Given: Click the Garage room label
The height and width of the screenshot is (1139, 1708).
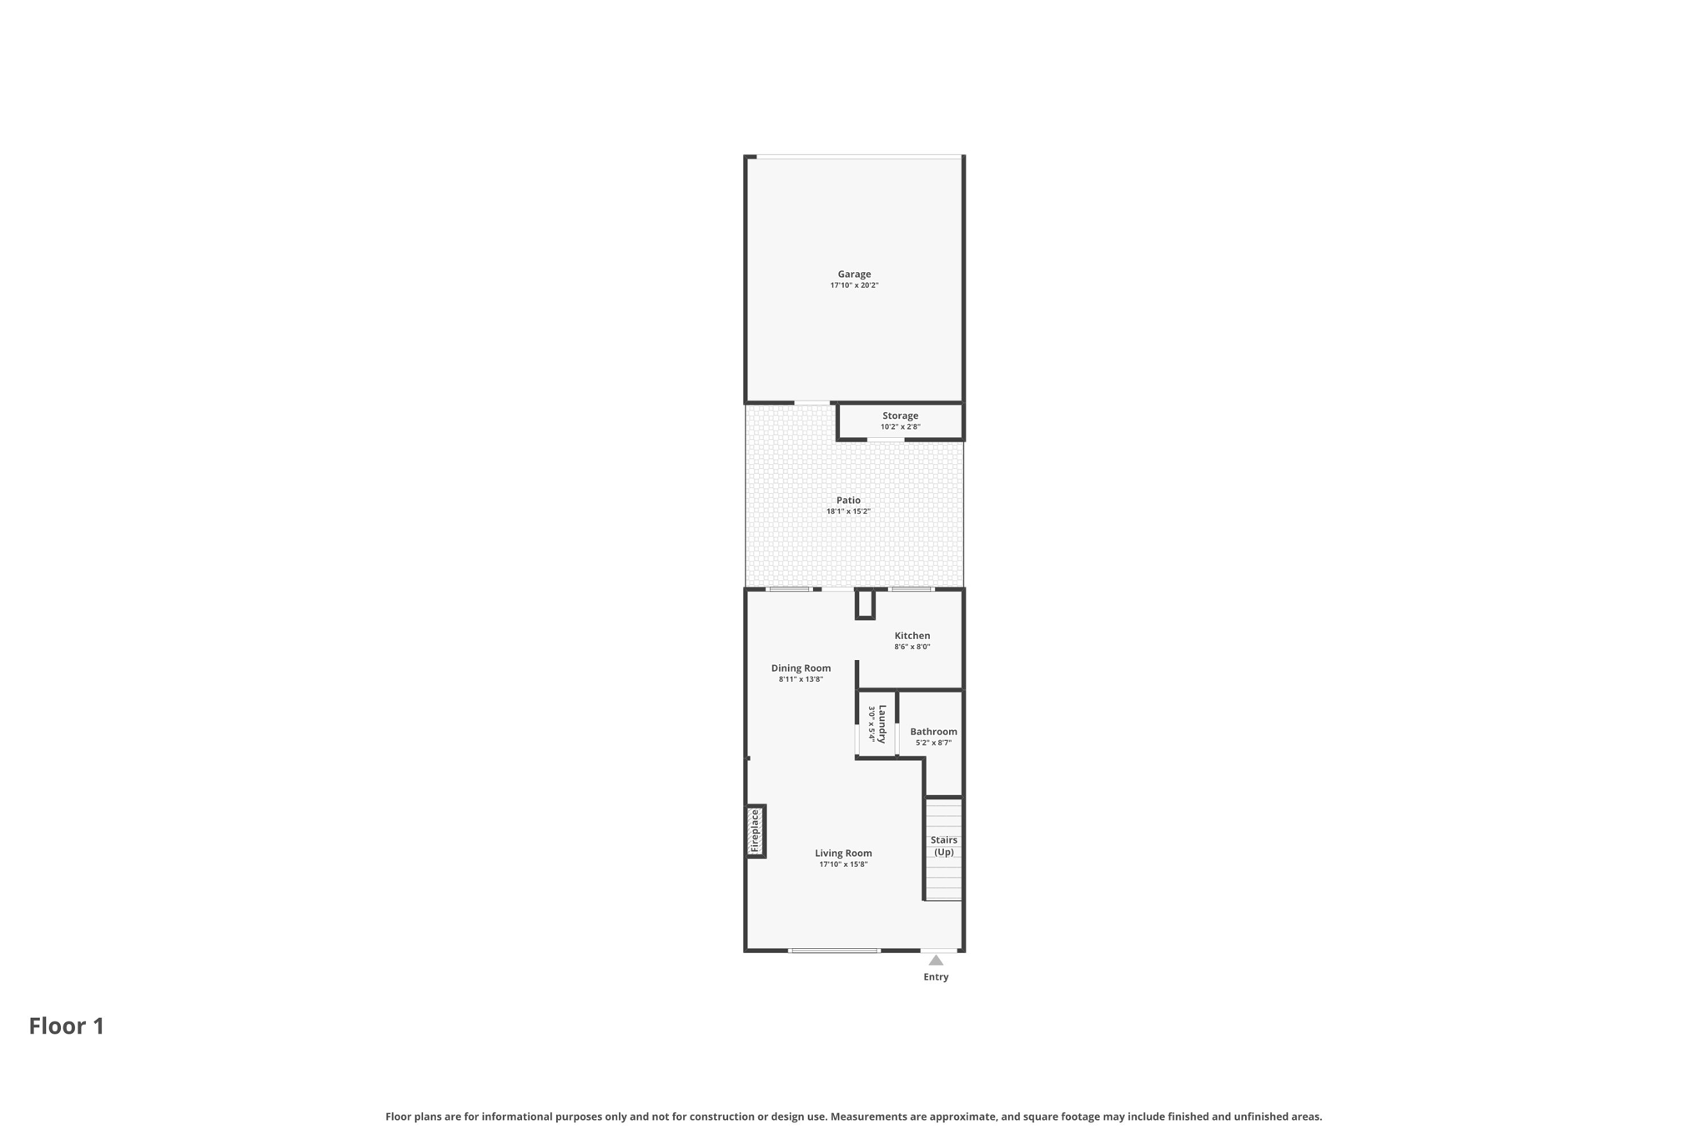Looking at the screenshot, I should click(x=854, y=274).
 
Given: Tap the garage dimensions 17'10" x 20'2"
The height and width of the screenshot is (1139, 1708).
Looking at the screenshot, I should click(x=854, y=285).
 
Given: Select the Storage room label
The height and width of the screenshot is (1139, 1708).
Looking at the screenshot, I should click(x=900, y=416).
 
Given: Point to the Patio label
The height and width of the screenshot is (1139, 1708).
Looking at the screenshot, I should click(x=848, y=500).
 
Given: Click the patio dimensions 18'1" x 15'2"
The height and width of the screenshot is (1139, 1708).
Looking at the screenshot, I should click(x=848, y=512).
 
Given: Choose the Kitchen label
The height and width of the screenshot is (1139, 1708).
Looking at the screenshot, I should click(x=912, y=636).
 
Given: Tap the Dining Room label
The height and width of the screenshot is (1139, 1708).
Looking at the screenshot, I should click(x=801, y=668).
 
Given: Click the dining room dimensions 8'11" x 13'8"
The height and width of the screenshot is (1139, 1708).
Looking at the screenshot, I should click(x=801, y=679).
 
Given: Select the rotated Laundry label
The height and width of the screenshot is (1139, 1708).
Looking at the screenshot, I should click(x=882, y=723).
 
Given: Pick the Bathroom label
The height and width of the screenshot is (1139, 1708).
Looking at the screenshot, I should click(x=933, y=732).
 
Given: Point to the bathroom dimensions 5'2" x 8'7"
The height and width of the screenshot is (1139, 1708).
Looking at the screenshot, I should click(x=933, y=743).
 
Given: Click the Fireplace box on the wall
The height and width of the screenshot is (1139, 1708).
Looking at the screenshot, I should click(x=756, y=831).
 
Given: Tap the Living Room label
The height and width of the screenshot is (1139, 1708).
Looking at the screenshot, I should click(x=843, y=853).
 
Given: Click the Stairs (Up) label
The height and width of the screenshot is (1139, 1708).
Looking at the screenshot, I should click(x=944, y=846).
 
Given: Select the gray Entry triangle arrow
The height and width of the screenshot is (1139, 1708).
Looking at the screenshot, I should click(x=936, y=960).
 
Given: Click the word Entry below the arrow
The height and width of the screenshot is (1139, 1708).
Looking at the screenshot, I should click(x=936, y=977).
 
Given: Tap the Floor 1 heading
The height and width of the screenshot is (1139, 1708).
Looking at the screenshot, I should click(x=67, y=1026).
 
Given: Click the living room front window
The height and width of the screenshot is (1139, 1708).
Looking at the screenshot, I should click(x=834, y=950).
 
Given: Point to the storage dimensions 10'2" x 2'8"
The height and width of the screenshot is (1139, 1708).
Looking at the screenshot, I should click(x=900, y=427).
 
